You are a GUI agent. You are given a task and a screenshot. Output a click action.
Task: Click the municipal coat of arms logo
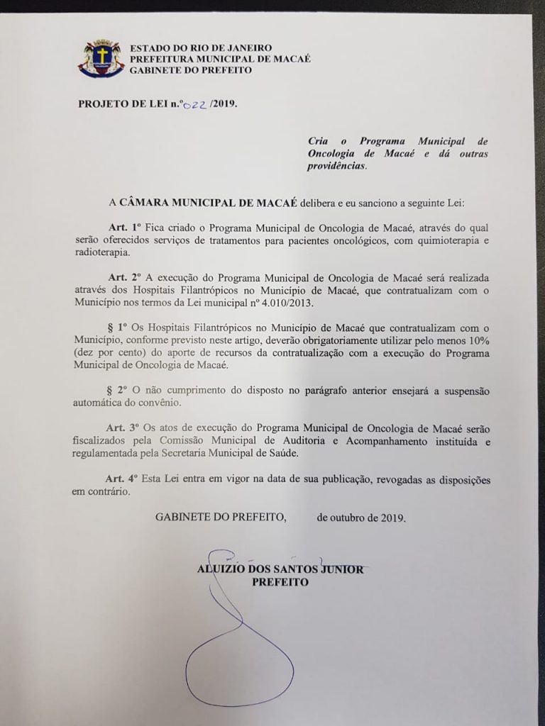tap(100, 59)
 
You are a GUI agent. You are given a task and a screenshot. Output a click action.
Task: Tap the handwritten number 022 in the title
tap(194, 104)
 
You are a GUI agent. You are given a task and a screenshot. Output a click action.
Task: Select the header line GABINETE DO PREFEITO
tap(191, 70)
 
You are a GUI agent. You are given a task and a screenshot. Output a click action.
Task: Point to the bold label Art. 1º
tap(123, 228)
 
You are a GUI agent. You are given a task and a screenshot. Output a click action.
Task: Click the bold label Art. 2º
tap(123, 277)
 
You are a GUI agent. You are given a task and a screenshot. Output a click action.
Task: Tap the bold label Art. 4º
tap(123, 480)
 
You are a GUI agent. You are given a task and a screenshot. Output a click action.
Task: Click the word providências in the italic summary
tap(338, 167)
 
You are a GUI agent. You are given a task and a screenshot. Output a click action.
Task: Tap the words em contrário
tap(101, 492)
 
